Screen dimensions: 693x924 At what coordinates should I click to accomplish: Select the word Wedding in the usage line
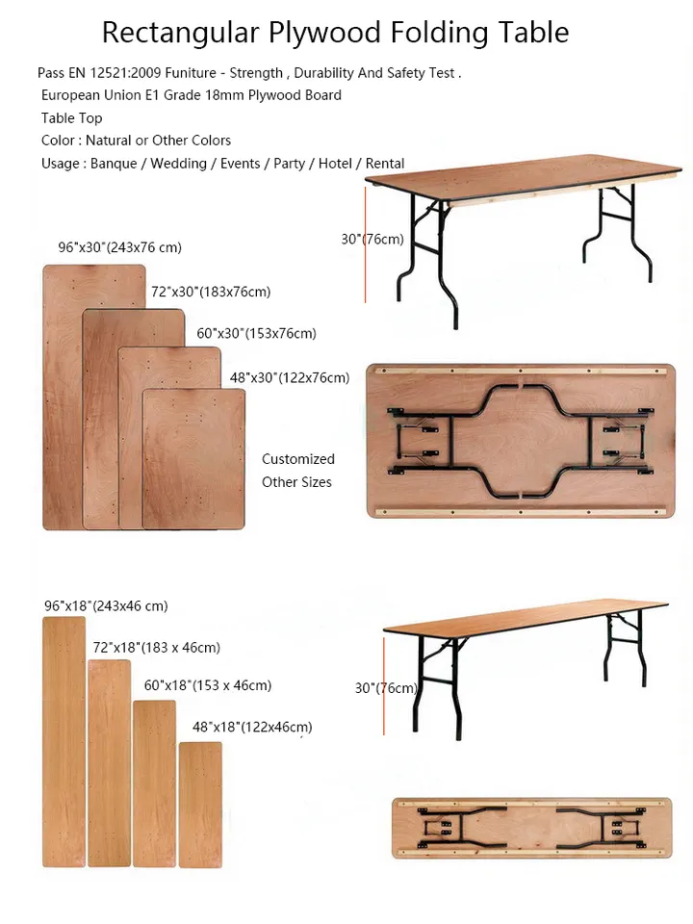pos(179,164)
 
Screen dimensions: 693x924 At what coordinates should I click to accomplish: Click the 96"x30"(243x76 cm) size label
pos(119,247)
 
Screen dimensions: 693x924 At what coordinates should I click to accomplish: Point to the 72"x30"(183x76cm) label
pos(211,292)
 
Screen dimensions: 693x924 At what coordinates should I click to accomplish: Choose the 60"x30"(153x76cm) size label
pos(256,334)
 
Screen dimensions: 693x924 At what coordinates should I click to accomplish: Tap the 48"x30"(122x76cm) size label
pos(290,377)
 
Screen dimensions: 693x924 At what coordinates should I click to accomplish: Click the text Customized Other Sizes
pos(297,471)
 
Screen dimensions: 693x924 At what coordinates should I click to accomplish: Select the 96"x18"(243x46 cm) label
pos(106,605)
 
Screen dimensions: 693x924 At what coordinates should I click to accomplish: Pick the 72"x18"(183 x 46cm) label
pos(156,648)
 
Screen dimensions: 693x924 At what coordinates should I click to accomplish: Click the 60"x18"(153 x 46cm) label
pos(208,685)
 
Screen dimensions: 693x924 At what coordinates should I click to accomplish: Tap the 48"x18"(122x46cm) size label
pos(252,728)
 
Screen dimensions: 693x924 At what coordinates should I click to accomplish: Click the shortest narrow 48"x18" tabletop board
pos(200,805)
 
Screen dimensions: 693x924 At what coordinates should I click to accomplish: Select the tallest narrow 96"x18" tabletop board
pos(64,742)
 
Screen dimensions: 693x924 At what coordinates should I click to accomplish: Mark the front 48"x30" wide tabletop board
pos(193,459)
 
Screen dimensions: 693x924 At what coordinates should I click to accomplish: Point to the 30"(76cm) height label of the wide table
pos(372,240)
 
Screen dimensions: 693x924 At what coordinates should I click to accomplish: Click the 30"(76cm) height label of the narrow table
pos(386,688)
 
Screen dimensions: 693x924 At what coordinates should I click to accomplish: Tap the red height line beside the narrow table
pos(384,686)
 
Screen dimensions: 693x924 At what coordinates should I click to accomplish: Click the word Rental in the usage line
pos(385,164)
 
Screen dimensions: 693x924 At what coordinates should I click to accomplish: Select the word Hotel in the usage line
pos(335,164)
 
